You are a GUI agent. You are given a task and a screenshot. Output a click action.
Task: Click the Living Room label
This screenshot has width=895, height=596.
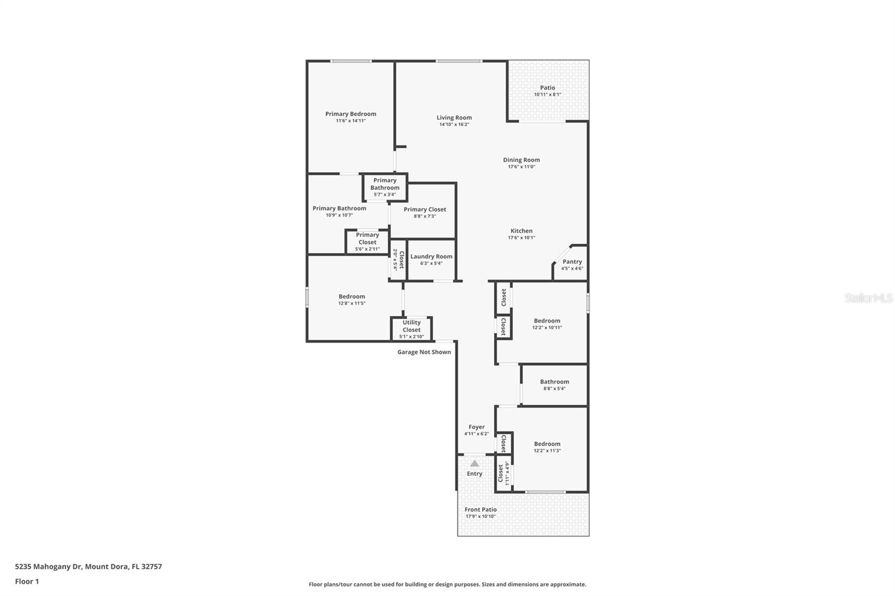point(454,117)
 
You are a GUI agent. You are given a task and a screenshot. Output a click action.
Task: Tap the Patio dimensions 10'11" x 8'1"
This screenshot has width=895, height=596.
point(547,94)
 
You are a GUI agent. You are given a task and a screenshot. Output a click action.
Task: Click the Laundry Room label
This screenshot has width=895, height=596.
point(431,257)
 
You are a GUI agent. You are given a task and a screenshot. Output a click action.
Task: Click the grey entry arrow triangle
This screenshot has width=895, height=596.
point(474,463)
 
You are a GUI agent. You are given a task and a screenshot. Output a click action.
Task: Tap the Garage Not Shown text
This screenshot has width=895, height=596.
point(424,352)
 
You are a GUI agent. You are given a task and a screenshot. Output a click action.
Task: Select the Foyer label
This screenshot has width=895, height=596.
point(477,427)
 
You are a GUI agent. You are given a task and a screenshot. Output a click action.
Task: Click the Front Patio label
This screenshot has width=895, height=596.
point(481,509)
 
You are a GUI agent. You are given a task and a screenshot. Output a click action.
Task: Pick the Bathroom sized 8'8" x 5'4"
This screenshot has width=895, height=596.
point(554,385)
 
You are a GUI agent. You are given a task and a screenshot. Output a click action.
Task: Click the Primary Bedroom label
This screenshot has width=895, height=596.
point(351,114)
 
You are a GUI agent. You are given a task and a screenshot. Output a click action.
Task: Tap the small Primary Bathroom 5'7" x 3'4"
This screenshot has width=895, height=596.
point(385,187)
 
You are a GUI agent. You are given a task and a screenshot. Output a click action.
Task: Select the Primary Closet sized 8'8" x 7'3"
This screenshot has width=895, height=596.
point(425,212)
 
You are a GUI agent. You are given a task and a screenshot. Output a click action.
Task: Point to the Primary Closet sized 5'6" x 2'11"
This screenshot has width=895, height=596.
point(367,242)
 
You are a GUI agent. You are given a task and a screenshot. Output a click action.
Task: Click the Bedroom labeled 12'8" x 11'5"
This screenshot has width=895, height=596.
point(351,300)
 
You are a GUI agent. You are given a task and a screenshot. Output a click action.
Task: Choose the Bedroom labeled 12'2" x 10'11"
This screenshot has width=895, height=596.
point(547,324)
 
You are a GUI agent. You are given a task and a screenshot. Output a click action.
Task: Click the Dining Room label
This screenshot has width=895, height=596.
point(521,160)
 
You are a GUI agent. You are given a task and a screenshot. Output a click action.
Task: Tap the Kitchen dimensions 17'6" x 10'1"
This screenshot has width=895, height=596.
point(521,238)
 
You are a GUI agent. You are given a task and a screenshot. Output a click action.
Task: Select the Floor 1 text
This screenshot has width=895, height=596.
point(27,581)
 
